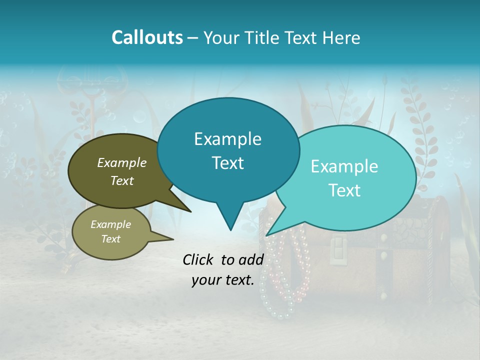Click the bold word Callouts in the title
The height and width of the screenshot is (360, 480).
[x=147, y=37]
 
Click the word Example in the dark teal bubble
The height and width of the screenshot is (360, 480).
[x=227, y=139]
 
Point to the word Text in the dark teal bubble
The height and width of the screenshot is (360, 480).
[x=227, y=162]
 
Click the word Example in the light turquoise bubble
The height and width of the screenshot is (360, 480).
[x=344, y=166]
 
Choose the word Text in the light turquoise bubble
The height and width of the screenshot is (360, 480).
[x=344, y=190]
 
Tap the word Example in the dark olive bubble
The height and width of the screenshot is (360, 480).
[x=122, y=162]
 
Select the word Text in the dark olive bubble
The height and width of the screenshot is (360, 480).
[x=122, y=180]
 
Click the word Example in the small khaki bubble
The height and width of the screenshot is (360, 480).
[x=110, y=224]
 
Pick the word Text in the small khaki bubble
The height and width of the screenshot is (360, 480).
[x=110, y=239]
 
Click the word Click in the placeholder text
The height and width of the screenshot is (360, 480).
[x=200, y=259]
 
